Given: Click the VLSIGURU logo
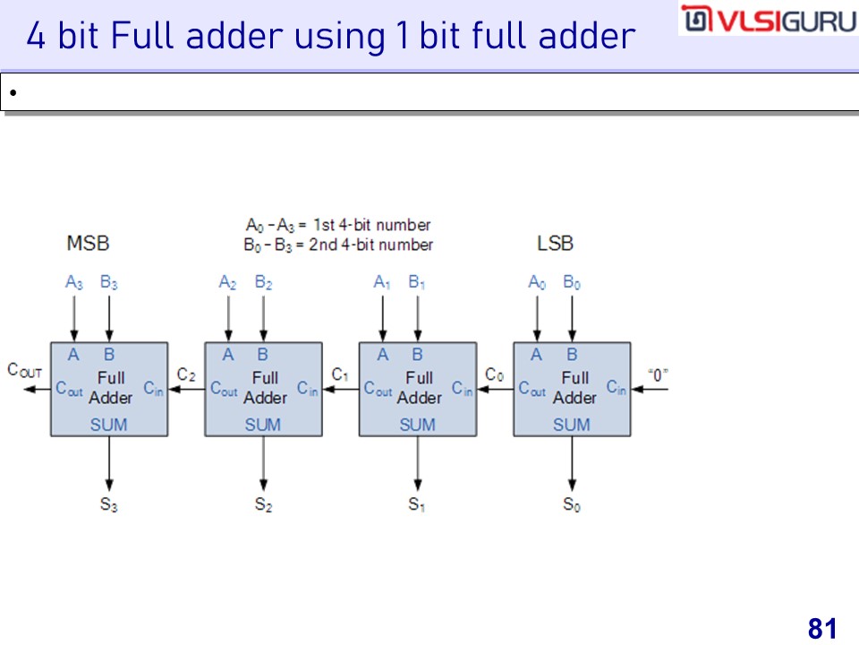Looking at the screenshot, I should coord(767,20).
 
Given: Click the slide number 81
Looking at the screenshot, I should coord(821,628).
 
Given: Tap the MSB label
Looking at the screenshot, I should coord(88,243).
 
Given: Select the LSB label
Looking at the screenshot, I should coord(555,243).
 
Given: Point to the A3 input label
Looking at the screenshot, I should coord(74,283).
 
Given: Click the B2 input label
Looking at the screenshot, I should coord(263,283).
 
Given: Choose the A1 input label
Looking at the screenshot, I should coord(382,283).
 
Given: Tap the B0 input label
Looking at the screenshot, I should coord(572,283).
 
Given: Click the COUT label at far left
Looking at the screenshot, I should coord(24,369).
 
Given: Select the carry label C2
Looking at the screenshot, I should coord(186,374).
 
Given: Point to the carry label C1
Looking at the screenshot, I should coord(340,374).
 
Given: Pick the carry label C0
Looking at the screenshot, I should coord(494,374).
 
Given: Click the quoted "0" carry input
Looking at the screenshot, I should coord(659,374).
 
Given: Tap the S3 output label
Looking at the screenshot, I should coord(108,504).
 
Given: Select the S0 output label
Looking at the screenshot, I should coord(571,504).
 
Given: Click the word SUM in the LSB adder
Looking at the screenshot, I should coord(571,425).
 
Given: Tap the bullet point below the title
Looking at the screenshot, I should coord(13,92).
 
